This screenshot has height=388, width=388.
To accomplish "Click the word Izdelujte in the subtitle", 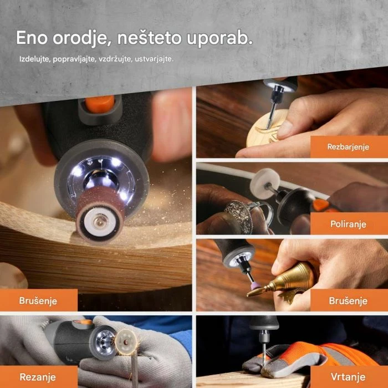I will coord(34,58).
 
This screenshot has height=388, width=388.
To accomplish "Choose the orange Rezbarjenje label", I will coord(348,146).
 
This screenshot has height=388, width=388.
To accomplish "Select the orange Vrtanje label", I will coord(348,377).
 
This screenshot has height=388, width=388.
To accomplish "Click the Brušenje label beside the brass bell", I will coord(348,300).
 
